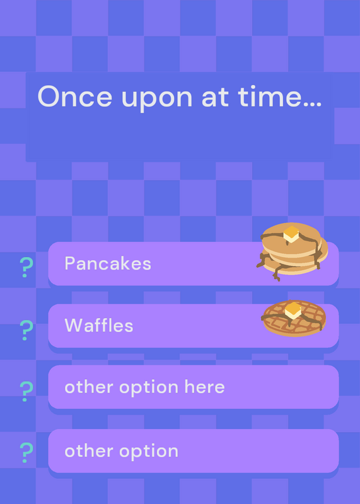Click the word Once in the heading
(74, 96)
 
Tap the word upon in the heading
(157, 100)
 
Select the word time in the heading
(270, 96)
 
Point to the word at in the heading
(215, 98)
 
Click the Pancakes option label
(108, 263)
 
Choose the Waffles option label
(99, 325)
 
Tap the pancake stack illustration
(292, 251)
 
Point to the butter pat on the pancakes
(291, 234)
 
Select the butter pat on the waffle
(293, 311)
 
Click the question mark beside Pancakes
(26, 267)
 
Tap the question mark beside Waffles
(26, 330)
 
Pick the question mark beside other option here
(26, 391)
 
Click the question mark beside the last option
(26, 452)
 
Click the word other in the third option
(89, 387)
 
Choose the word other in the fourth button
(89, 450)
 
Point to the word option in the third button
(149, 388)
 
